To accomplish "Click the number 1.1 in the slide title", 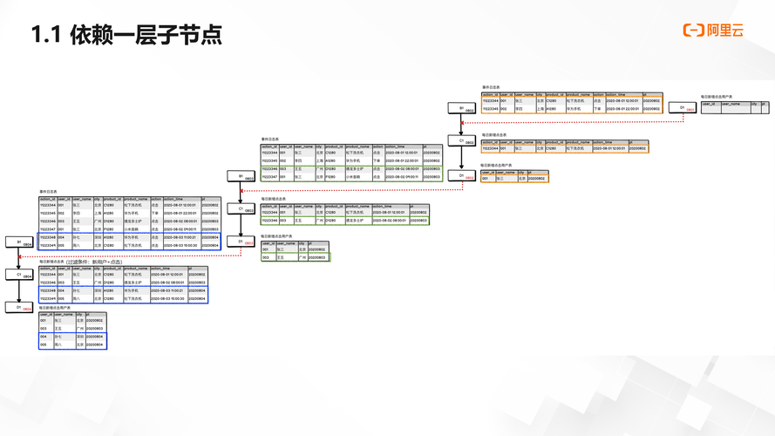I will click(45, 35).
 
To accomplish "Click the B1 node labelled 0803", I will click(241, 176).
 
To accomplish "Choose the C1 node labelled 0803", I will click(241, 209).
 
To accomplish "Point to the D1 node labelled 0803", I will click(241, 242).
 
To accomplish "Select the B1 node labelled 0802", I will click(462, 109).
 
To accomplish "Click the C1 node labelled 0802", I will click(462, 141).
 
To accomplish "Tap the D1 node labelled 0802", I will click(462, 175).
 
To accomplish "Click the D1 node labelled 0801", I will click(683, 108).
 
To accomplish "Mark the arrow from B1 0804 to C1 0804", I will click(19, 259).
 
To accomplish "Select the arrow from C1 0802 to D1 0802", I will click(462, 159).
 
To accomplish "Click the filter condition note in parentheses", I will click(92, 261).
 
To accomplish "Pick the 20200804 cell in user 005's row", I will click(95, 345).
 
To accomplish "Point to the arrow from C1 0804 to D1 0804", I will click(19, 291).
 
